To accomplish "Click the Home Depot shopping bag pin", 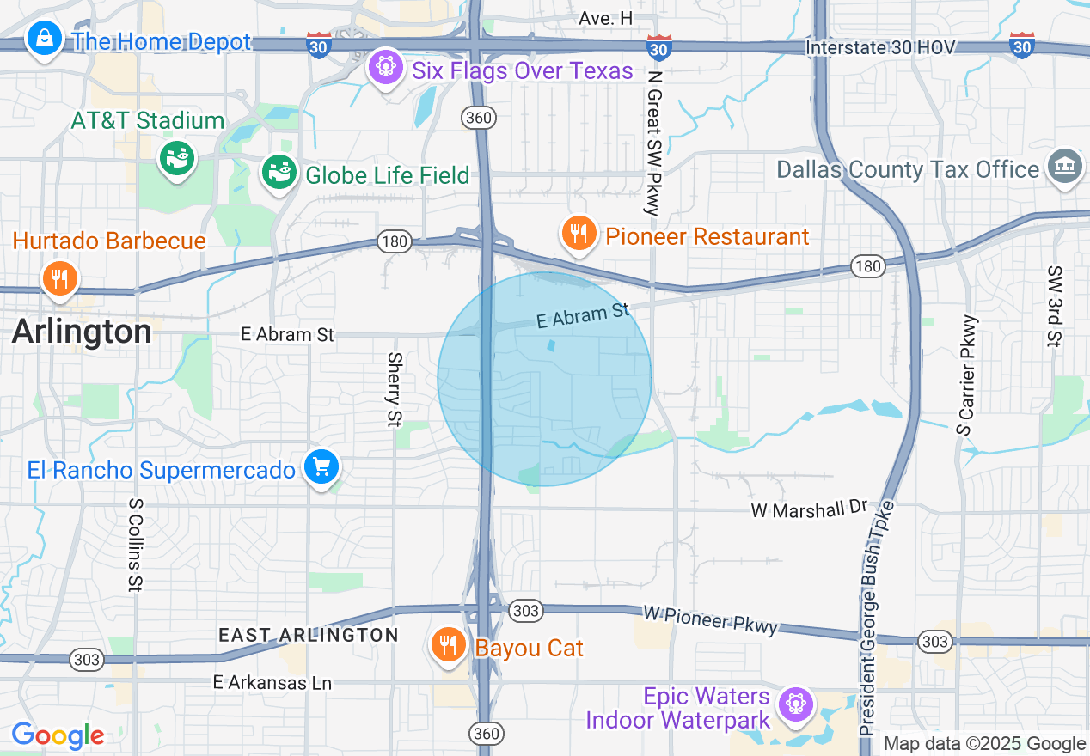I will [x=43, y=39].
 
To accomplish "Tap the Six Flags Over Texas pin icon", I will [x=385, y=66].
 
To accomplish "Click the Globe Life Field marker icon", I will [x=279, y=172].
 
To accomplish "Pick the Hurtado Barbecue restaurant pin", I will [x=59, y=278].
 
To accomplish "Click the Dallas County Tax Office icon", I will [x=1065, y=166].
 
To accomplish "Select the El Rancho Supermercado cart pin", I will [x=321, y=467].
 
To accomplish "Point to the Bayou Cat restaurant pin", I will [x=448, y=644].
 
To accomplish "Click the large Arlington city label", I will [x=82, y=332].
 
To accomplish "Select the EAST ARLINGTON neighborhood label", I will [x=308, y=635].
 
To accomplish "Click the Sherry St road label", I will [x=395, y=389].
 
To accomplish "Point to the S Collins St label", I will [x=135, y=545].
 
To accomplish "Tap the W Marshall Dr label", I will [x=809, y=509].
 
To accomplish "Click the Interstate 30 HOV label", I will [x=880, y=47].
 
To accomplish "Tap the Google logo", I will [x=58, y=735].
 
